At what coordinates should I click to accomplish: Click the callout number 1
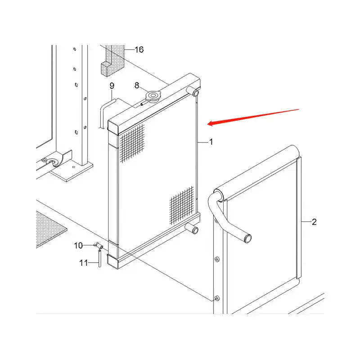pyautogui.click(x=211, y=142)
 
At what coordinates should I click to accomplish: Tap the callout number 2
pyautogui.click(x=314, y=222)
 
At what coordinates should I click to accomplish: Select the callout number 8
pyautogui.click(x=137, y=85)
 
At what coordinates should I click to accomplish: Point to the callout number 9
pyautogui.click(x=112, y=86)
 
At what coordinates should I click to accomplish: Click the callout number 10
pyautogui.click(x=78, y=245)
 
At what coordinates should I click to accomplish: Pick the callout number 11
pyautogui.click(x=84, y=263)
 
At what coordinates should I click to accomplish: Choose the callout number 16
pyautogui.click(x=139, y=49)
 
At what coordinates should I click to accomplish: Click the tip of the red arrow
pyautogui.click(x=207, y=124)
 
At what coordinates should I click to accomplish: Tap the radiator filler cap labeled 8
pyautogui.click(x=153, y=96)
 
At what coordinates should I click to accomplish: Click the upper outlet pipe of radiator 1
pyautogui.click(x=193, y=91)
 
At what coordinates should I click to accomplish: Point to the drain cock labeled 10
pyautogui.click(x=98, y=246)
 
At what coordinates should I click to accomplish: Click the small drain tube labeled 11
pyautogui.click(x=100, y=258)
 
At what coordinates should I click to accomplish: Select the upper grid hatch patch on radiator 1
pyautogui.click(x=132, y=144)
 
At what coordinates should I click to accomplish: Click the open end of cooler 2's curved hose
pyautogui.click(x=248, y=238)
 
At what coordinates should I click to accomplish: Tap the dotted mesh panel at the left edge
pyautogui.click(x=49, y=229)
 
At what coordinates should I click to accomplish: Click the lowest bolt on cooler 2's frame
pyautogui.click(x=216, y=298)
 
